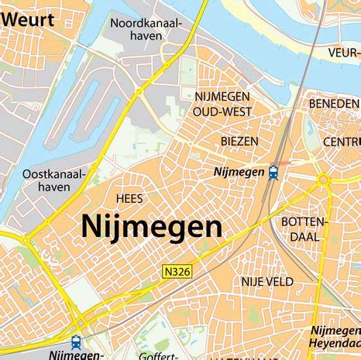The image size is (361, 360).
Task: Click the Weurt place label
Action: click(x=29, y=19)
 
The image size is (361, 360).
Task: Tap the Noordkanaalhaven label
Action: click(x=146, y=30)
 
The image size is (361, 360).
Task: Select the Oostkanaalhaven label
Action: click(x=53, y=180)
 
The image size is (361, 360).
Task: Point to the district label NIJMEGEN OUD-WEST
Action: click(x=222, y=104)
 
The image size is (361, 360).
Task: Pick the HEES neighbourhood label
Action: click(x=129, y=199)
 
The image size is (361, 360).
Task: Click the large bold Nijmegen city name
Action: click(x=152, y=227)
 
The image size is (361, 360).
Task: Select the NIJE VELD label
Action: click(x=267, y=282)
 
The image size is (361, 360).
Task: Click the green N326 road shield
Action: click(x=177, y=271)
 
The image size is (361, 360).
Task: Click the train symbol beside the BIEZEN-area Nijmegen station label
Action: click(x=273, y=173)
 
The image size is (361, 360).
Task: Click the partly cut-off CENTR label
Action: click(x=341, y=142)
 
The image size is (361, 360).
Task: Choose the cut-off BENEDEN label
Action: click(x=334, y=103)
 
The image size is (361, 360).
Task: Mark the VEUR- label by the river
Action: click(x=343, y=53)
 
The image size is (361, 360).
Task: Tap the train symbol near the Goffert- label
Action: click(x=76, y=341)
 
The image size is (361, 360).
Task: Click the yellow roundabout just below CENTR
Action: click(x=324, y=180)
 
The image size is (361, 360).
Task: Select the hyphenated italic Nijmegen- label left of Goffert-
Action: click(x=76, y=355)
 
